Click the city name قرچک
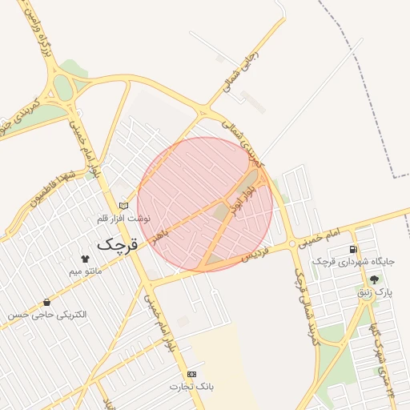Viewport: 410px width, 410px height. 117,243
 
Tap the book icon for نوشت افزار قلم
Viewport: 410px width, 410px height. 123,206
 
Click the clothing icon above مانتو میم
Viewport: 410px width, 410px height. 85,259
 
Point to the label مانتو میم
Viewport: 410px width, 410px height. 86,271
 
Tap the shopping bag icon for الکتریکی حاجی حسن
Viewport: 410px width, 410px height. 47,303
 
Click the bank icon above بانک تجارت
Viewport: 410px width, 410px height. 191,374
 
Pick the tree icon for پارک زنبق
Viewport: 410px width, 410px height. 375,279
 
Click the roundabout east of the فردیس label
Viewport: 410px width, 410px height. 293,243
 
